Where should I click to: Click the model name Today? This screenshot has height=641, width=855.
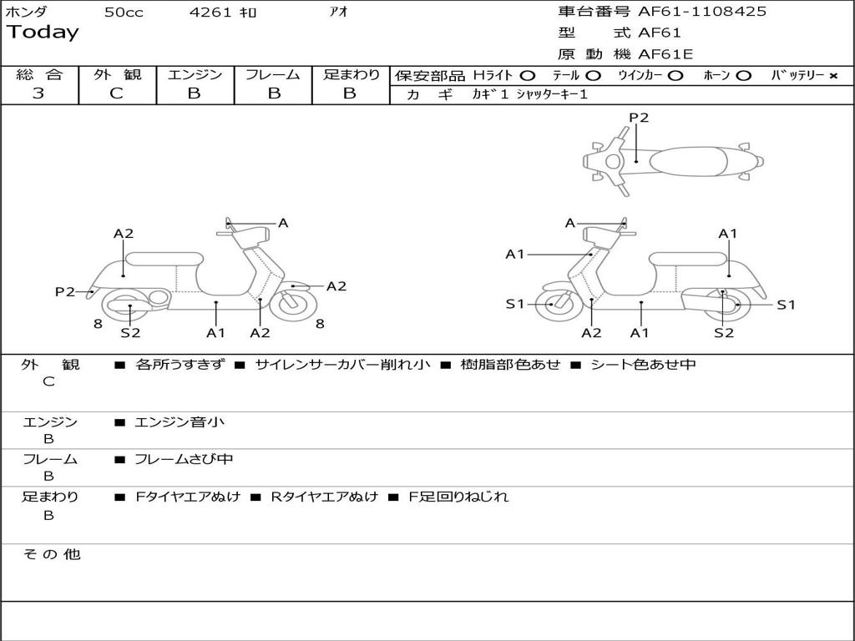pos(43,33)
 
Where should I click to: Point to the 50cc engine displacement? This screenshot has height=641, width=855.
pos(124,13)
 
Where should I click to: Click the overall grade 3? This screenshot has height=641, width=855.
pos(38,93)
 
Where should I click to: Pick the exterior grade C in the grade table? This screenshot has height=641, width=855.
pos(117,93)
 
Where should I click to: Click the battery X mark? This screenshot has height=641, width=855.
pos(832,76)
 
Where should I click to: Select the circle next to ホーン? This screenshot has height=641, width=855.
pos(743,76)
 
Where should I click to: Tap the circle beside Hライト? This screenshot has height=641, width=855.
pos(527,76)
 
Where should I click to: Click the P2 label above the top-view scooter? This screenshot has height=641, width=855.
pos(639,118)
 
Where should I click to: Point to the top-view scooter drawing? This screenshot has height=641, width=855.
pos(672,161)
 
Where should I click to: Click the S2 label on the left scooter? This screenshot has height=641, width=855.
pos(130,333)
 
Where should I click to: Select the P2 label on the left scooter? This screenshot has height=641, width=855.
pos(65,291)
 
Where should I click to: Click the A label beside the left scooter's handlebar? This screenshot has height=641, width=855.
pos(283,223)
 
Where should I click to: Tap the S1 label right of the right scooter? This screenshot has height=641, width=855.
pos(786,305)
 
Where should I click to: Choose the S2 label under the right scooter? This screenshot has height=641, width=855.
pos(724,333)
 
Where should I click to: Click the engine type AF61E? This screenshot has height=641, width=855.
pos(665,55)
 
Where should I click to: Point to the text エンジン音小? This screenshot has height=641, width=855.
pos(180,422)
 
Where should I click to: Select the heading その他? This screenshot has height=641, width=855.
pos(51,554)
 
